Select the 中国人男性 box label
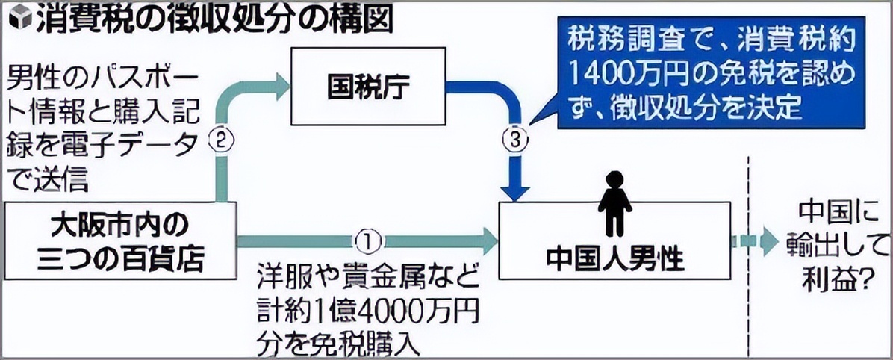[614, 258]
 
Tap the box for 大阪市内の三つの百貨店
[120, 240]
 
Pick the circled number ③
[518, 138]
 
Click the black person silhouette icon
[614, 202]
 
